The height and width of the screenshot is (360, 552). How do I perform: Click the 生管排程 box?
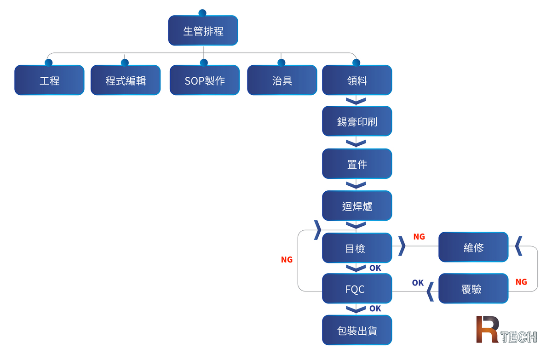point(203,31)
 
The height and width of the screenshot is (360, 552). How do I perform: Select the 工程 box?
point(49,80)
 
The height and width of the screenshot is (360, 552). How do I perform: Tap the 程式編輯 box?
point(125,80)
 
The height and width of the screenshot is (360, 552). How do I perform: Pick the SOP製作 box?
point(204,80)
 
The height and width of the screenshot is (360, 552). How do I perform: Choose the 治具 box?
point(282,80)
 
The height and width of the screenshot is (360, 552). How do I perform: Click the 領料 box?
point(357,80)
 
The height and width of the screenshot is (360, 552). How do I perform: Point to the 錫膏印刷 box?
point(357,121)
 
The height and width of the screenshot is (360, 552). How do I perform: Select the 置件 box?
point(357,164)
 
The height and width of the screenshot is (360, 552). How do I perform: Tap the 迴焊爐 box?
point(357,206)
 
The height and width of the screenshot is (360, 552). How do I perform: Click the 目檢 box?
point(357,248)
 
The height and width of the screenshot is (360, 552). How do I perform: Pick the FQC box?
point(357,289)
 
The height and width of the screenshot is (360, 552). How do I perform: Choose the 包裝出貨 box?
point(357,330)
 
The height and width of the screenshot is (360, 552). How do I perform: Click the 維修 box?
point(473,247)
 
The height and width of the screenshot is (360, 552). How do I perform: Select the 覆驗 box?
point(473,289)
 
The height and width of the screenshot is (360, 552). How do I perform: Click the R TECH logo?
point(506,330)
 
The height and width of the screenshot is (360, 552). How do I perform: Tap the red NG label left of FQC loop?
point(287,260)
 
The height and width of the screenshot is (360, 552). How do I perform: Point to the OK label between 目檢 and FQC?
point(375,268)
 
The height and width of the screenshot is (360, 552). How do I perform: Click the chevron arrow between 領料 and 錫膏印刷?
point(356,101)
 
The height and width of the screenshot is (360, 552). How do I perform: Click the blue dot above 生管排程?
point(202,13)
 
